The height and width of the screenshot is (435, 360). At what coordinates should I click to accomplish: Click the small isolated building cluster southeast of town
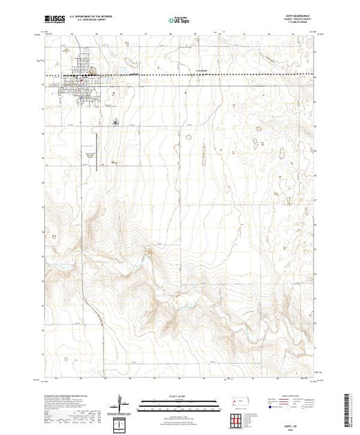115,123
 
